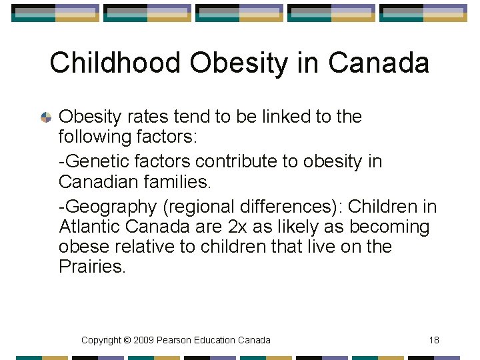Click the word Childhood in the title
pos(115,63)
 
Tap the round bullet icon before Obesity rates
pos(46,117)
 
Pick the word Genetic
pos(97,161)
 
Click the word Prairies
pos(91,267)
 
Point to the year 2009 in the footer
pos(143,340)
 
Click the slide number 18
pos(434,340)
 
